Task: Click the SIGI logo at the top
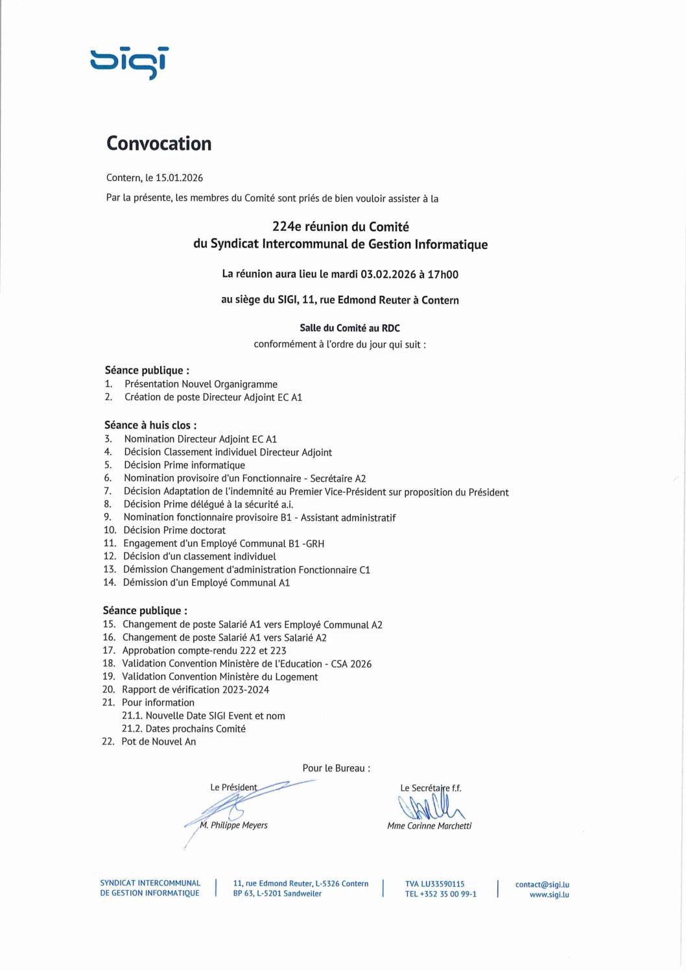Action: click(129, 62)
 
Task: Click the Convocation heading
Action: click(159, 143)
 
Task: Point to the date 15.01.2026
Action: click(179, 178)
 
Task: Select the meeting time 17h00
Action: click(443, 274)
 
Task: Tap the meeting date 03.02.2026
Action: click(388, 274)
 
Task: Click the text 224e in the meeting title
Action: click(287, 227)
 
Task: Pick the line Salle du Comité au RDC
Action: click(349, 328)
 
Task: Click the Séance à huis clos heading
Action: click(150, 426)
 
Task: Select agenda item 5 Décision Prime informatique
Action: click(184, 465)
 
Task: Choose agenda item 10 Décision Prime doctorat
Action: click(174, 531)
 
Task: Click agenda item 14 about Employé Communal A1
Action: click(206, 582)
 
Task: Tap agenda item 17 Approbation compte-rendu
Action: click(204, 651)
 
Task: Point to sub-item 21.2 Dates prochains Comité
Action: click(184, 729)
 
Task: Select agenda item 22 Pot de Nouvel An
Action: click(158, 742)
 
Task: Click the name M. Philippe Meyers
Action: click(234, 826)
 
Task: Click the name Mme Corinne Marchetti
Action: click(429, 826)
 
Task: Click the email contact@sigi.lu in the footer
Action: click(542, 885)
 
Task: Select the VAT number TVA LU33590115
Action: click(434, 884)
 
